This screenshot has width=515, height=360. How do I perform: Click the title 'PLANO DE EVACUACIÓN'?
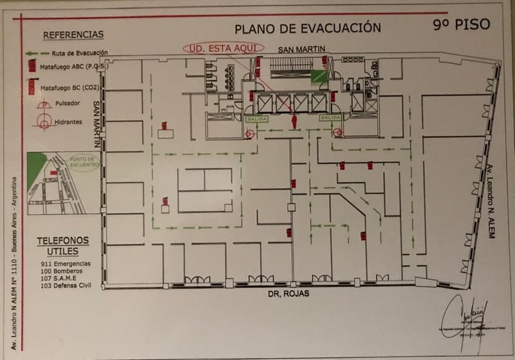click(x=307, y=28)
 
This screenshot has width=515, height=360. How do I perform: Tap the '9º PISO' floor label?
click(x=462, y=24)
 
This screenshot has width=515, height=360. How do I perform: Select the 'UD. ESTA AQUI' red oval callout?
click(x=223, y=48)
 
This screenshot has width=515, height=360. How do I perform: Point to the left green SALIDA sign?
click(x=256, y=118)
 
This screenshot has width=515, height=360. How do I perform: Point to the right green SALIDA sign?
click(x=329, y=117)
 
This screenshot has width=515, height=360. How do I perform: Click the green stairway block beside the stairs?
click(x=318, y=76)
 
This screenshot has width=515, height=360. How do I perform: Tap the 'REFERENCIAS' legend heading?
click(x=73, y=35)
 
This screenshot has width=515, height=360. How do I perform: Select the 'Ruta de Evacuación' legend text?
click(x=80, y=53)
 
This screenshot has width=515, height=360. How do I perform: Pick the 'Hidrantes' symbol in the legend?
click(x=43, y=122)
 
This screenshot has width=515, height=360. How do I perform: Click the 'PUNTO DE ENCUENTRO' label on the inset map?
click(x=84, y=162)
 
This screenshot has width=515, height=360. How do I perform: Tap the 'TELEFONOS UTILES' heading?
click(x=63, y=246)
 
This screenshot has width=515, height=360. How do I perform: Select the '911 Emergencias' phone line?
click(x=65, y=264)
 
